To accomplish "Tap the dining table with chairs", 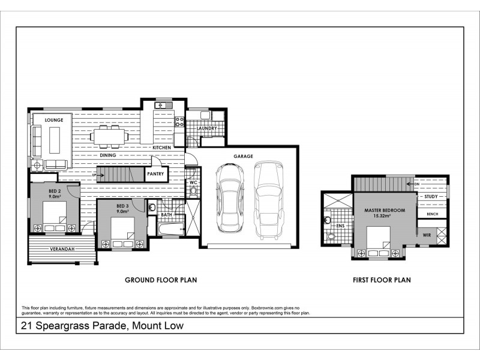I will pos(109,136).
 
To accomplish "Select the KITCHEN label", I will pos(162,148).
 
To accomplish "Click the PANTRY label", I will pos(157,174).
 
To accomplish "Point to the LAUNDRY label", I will pos(206,128).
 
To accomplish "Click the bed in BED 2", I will pos(55,220).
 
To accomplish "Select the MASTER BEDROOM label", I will pos(384,210).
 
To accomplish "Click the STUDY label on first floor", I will pos(431,197).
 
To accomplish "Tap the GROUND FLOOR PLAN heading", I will pos(161,280).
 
